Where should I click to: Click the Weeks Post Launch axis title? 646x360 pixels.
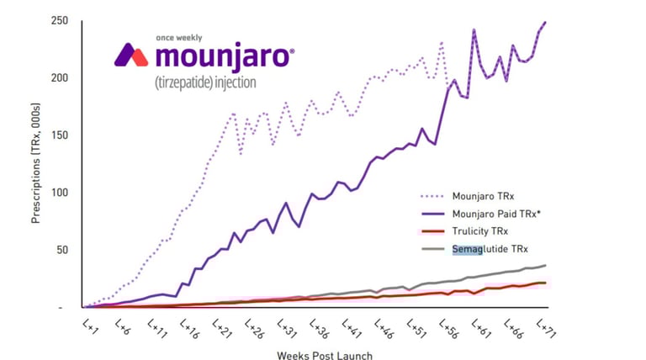click(x=325, y=355)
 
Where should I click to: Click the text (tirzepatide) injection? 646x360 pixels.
click(x=205, y=83)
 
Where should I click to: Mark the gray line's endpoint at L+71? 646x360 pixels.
click(x=545, y=266)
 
